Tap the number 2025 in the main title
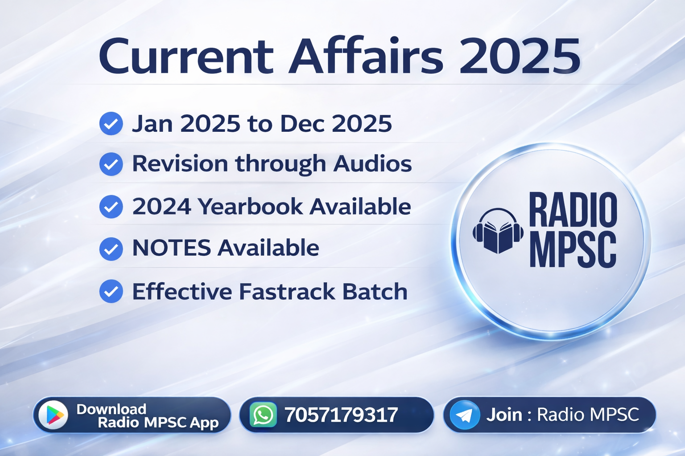point(520,57)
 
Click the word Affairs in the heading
point(366,57)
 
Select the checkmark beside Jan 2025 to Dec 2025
point(111,123)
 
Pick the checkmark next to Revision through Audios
point(111,164)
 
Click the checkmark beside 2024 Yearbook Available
point(111,207)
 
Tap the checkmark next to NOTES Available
point(111,248)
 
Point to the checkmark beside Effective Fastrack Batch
point(111,291)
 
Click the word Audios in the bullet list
point(372,163)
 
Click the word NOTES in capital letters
point(172,248)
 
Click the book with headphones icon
point(498,231)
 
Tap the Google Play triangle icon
point(54,415)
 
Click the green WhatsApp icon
point(263,415)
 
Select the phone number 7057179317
point(341,415)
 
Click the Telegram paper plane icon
point(464,415)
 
